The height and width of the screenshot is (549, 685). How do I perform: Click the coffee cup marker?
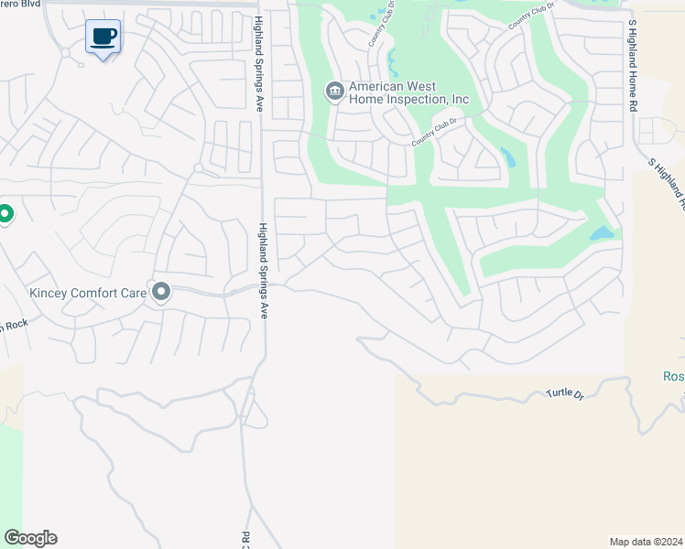pos(103,38)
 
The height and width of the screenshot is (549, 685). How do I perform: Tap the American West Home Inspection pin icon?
pos(334,90)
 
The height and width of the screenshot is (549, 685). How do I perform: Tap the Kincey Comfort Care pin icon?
pos(161,291)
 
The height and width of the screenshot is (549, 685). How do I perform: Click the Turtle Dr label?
pos(564,393)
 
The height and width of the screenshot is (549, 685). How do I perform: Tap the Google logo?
pos(30,538)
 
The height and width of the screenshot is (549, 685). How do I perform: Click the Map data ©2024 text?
pos(646,542)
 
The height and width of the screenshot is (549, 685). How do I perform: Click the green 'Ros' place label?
pos(673,377)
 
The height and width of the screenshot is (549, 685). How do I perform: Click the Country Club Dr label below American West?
pos(434,131)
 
